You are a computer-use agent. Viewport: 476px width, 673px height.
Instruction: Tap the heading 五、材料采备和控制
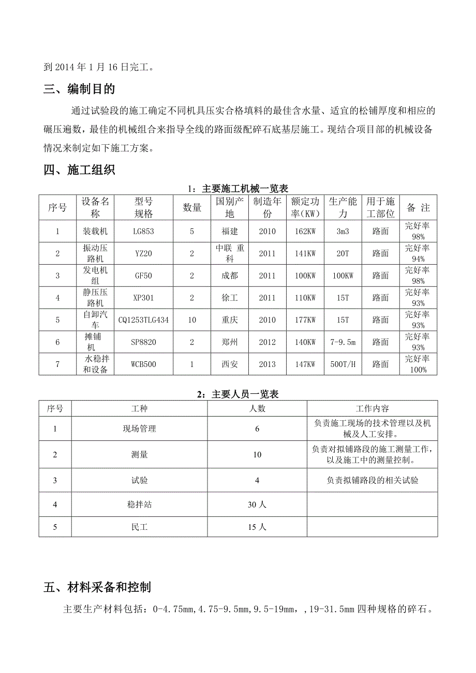click(97, 587)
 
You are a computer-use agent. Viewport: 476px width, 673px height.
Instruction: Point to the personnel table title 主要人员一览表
click(238, 394)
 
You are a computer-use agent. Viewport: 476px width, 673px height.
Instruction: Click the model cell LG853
click(143, 232)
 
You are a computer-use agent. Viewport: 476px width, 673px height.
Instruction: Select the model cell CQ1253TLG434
click(143, 320)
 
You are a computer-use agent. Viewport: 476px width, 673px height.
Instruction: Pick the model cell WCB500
click(143, 364)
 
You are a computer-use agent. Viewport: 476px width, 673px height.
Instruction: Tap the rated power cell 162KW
click(305, 232)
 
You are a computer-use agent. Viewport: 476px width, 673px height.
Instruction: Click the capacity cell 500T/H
click(343, 364)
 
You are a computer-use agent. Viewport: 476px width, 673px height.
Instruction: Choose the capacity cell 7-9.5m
click(343, 342)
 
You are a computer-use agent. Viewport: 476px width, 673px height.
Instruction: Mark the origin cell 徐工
click(230, 298)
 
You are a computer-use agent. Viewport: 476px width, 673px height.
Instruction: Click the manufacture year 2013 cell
click(267, 364)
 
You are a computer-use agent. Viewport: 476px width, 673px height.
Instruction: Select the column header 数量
click(192, 208)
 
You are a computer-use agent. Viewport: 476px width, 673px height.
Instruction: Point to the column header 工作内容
click(372, 408)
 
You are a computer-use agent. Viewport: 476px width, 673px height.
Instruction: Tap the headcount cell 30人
click(257, 504)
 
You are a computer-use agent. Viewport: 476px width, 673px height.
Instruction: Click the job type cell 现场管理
click(139, 429)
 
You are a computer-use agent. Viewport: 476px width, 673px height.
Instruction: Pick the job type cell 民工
click(139, 527)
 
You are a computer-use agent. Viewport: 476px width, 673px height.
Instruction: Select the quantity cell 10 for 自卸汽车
click(192, 320)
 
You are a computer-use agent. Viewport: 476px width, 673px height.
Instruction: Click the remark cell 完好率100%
click(417, 364)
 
